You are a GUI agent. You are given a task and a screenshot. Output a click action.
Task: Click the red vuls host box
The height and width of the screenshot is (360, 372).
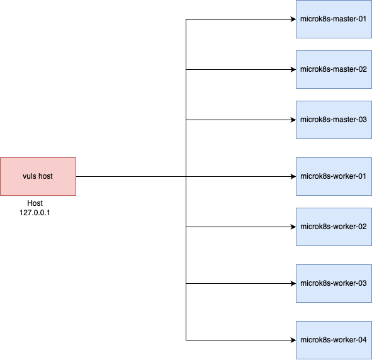pyautogui.click(x=38, y=176)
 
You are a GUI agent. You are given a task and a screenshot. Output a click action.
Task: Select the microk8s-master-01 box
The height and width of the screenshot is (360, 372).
pyautogui.click(x=334, y=19)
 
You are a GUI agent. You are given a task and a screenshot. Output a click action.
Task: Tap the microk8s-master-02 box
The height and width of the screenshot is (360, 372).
pyautogui.click(x=334, y=69)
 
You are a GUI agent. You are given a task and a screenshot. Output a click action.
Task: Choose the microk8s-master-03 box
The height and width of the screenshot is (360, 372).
pyautogui.click(x=334, y=120)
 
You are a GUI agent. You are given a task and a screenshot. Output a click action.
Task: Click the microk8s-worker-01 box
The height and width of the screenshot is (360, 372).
pyautogui.click(x=334, y=176)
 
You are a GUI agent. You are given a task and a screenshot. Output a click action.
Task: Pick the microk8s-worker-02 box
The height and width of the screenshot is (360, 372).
pyautogui.click(x=334, y=227)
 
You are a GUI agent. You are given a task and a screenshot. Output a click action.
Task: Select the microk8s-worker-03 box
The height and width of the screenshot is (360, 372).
pyautogui.click(x=334, y=283)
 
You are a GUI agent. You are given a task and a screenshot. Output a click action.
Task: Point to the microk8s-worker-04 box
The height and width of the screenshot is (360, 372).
pyautogui.click(x=334, y=340)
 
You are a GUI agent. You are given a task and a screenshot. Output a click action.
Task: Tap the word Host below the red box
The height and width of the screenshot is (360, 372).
pyautogui.click(x=35, y=204)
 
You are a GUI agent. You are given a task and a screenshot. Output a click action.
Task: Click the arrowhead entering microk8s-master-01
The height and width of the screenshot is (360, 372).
pyautogui.click(x=293, y=19)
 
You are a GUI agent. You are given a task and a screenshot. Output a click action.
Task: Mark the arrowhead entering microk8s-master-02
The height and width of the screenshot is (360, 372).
pyautogui.click(x=293, y=69)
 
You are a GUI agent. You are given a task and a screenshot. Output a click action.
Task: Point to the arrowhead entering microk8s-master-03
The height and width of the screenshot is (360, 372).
pyautogui.click(x=293, y=120)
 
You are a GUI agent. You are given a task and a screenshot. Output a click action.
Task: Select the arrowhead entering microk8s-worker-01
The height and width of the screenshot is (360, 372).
pyautogui.click(x=293, y=176)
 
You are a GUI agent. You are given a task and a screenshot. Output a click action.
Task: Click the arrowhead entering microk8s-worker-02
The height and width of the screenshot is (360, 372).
pyautogui.click(x=293, y=227)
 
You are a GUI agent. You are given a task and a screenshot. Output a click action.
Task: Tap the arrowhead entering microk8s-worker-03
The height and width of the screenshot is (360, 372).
pyautogui.click(x=293, y=283)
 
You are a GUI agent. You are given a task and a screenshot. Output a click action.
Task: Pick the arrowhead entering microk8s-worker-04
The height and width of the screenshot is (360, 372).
pyautogui.click(x=293, y=340)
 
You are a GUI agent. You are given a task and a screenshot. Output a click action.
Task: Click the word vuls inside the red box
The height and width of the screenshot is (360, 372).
pyautogui.click(x=30, y=176)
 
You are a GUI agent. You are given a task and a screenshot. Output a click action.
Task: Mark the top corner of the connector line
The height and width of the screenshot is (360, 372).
pyautogui.click(x=186, y=19)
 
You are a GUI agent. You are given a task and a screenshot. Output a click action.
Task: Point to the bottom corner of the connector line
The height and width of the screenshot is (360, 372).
pyautogui.click(x=186, y=340)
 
